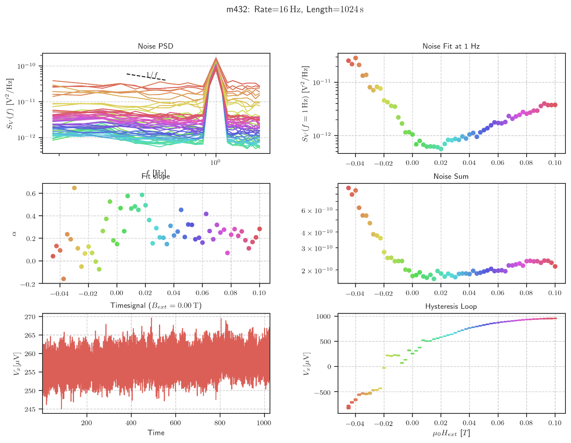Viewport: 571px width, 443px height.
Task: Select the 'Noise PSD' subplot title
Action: click(156, 46)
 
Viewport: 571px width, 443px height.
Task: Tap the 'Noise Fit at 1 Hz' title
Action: click(451, 46)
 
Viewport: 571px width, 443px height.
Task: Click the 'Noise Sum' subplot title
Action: click(451, 176)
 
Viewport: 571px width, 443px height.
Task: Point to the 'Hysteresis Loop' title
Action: click(451, 307)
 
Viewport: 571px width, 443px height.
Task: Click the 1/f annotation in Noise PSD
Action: click(152, 75)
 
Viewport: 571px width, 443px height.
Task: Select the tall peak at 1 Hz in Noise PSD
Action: click(216, 58)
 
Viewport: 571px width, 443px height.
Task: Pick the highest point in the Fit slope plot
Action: click(74, 188)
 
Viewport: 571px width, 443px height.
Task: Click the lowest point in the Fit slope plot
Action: click(64, 279)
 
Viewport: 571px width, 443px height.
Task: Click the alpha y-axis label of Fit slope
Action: click(14, 233)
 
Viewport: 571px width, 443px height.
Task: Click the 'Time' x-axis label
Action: click(156, 433)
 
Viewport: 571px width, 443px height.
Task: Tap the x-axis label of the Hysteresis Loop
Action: click(451, 433)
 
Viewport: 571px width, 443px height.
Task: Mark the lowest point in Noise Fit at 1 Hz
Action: click(441, 149)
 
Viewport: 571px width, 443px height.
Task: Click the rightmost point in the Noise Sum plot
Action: click(555, 266)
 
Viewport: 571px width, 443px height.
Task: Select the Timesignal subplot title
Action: click(156, 306)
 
